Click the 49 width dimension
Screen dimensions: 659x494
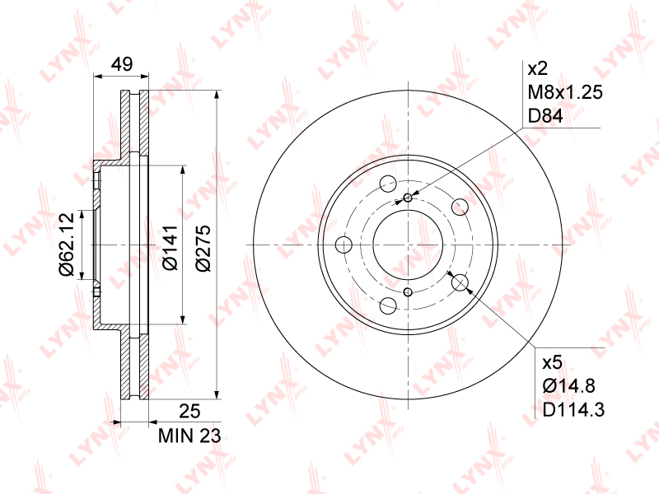pyautogui.click(x=122, y=64)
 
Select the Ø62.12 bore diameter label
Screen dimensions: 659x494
pyautogui.click(x=67, y=244)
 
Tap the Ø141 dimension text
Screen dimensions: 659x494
pyautogui.click(x=171, y=248)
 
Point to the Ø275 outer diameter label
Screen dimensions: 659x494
pyautogui.click(x=203, y=248)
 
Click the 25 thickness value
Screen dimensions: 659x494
pyautogui.click(x=189, y=411)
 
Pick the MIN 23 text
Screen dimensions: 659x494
pyautogui.click(x=189, y=436)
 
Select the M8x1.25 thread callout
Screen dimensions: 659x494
pyautogui.click(x=565, y=92)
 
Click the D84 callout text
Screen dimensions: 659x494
pyautogui.click(x=544, y=116)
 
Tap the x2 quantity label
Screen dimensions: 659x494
pyautogui.click(x=537, y=68)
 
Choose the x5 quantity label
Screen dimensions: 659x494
pyautogui.click(x=552, y=362)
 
